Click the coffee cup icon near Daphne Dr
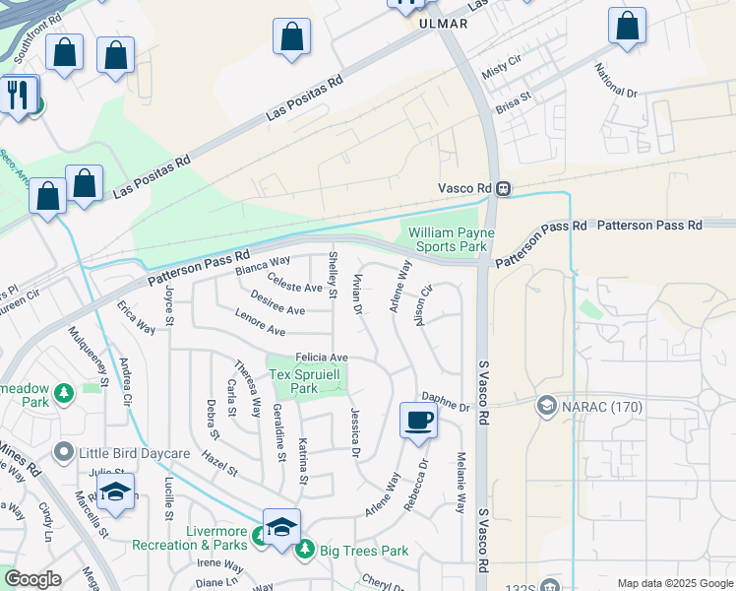[x=418, y=420]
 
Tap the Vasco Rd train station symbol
[x=503, y=188]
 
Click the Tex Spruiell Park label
[x=307, y=381]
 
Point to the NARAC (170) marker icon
[x=547, y=405]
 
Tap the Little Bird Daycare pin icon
[x=64, y=452]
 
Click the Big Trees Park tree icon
[x=305, y=549]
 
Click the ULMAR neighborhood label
[x=441, y=23]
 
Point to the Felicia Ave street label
[x=322, y=357]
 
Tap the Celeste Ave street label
[x=295, y=288]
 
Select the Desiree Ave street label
[x=276, y=309]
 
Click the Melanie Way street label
[x=460, y=483]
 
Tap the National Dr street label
[x=617, y=81]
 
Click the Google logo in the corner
[x=32, y=579]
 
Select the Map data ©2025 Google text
[x=674, y=583]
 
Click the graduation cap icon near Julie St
[x=116, y=492]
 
